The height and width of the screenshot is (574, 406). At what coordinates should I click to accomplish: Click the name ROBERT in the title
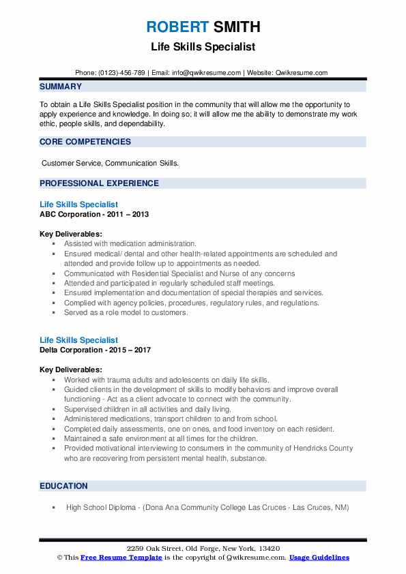176,27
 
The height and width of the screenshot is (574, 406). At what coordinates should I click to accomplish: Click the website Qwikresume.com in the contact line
302,73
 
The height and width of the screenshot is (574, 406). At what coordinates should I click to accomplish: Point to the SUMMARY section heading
61,87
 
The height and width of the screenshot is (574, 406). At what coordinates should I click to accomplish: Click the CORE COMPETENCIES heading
85,142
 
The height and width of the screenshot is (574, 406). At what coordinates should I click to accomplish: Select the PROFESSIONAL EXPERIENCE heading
99,183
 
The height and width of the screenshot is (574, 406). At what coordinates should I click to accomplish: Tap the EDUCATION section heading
63,486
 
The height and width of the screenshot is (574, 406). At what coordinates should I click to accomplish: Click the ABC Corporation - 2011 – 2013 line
94,214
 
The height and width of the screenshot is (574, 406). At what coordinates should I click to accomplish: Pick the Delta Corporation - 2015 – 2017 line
96,350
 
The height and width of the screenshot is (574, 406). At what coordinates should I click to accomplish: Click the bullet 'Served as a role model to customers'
126,313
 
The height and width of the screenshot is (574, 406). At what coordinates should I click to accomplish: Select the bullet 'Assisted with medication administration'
130,243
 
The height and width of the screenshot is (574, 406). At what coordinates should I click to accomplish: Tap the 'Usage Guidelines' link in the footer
319,558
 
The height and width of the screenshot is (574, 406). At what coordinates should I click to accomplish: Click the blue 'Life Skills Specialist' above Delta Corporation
78,340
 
